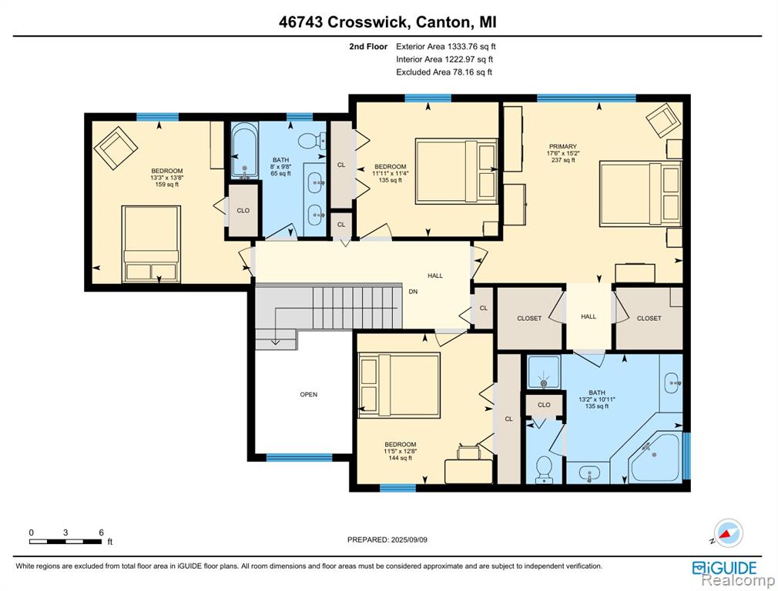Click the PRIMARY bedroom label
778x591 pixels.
tap(562, 146)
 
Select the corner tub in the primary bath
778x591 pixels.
tap(655, 456)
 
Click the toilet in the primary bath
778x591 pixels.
tap(545, 469)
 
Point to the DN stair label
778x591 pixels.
tap(413, 292)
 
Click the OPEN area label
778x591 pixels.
tap(309, 395)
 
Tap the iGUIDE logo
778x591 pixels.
tap(724, 568)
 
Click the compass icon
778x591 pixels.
tap(728, 533)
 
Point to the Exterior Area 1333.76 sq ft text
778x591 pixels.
tap(445, 47)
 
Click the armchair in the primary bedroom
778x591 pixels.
tap(663, 121)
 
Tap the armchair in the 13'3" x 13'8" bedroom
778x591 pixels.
tap(116, 147)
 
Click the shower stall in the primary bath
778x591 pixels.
tap(543, 372)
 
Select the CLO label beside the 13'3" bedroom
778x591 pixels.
tap(243, 210)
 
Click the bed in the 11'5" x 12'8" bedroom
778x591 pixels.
tap(400, 386)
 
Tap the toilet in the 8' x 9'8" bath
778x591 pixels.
tap(312, 140)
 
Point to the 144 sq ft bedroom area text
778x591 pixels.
tap(401, 458)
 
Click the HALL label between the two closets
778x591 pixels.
tap(589, 316)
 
